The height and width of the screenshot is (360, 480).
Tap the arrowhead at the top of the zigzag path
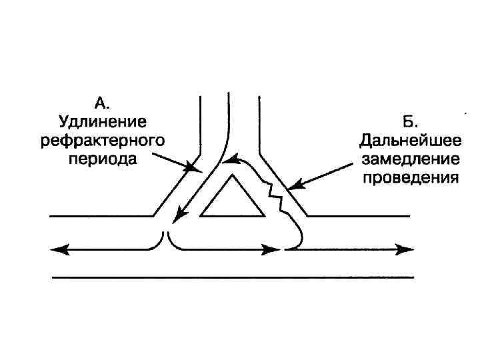pyautogui.click(x=230, y=159)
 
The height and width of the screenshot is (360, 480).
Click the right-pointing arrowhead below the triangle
pyautogui.click(x=273, y=250)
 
